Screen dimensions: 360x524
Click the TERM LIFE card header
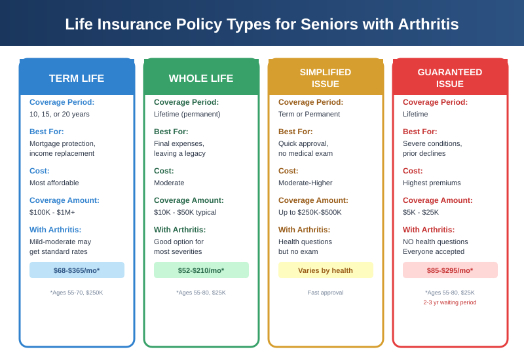pyautogui.click(x=77, y=78)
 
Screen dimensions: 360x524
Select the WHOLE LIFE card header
pyautogui.click(x=201, y=78)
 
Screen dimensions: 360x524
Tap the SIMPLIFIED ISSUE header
pyautogui.click(x=326, y=78)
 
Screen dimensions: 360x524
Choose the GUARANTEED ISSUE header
pyautogui.click(x=450, y=78)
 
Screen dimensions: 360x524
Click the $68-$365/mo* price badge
pyautogui.click(x=77, y=270)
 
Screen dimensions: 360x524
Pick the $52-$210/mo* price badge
pyautogui.click(x=201, y=270)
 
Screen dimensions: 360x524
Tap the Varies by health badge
pyautogui.click(x=326, y=270)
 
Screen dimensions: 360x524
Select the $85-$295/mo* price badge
pyautogui.click(x=450, y=270)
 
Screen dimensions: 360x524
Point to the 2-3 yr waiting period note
pyautogui.click(x=450, y=302)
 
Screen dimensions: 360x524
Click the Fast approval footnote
pyautogui.click(x=326, y=293)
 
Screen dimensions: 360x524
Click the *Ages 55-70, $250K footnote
pyautogui.click(x=77, y=293)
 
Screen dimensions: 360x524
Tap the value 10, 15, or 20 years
pyautogui.click(x=60, y=114)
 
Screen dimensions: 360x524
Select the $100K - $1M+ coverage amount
pyautogui.click(x=52, y=212)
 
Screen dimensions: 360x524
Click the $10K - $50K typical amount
pyautogui.click(x=185, y=212)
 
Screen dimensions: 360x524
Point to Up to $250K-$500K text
pyautogui.click(x=310, y=212)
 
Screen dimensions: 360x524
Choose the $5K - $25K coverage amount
pyautogui.click(x=421, y=212)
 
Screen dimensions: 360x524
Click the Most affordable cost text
pyautogui.click(x=54, y=183)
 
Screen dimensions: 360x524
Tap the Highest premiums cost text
pyautogui.click(x=432, y=183)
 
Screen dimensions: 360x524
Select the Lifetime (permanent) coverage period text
pyautogui.click(x=187, y=114)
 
